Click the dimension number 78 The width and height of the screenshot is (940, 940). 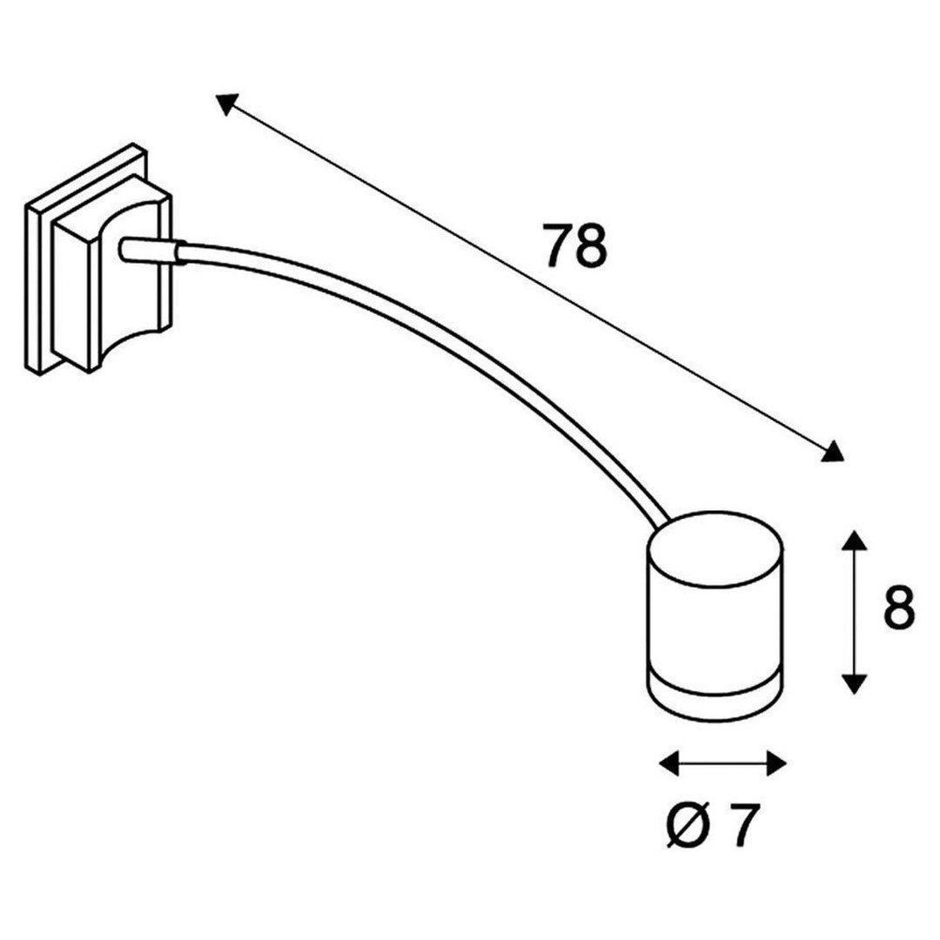click(574, 245)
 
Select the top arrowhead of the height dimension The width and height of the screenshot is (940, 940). click(855, 540)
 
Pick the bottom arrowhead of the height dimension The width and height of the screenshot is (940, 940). click(855, 684)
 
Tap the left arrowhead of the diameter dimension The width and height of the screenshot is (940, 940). click(669, 763)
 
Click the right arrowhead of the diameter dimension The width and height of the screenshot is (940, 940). click(775, 763)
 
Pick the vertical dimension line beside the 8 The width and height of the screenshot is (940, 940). click(855, 612)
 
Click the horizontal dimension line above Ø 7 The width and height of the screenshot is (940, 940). click(722, 763)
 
